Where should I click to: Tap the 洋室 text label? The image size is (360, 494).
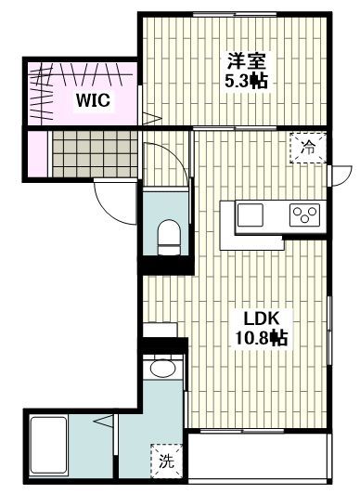pyautogui.click(x=248, y=62)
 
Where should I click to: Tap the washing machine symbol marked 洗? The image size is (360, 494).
pyautogui.click(x=164, y=459)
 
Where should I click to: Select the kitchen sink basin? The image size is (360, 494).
pyautogui.click(x=251, y=215)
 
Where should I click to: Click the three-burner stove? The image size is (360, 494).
pyautogui.click(x=304, y=214)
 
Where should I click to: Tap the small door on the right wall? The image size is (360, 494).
pyautogui.click(x=342, y=174)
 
